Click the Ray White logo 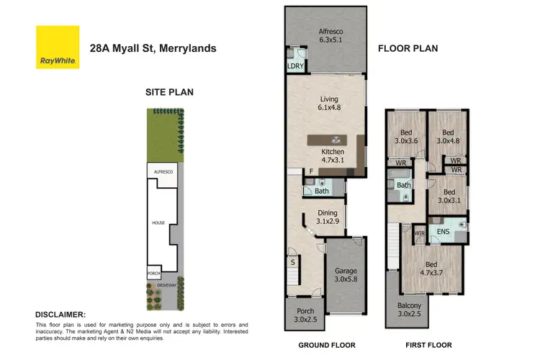[58, 48]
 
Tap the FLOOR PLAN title [408, 49]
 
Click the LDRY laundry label [295, 66]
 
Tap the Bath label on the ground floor [321, 191]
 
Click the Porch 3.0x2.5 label [303, 314]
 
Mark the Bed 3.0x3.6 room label [407, 137]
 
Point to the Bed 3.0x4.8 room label [448, 137]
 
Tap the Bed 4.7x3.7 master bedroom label [431, 269]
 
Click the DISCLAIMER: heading [60, 315]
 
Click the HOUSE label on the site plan [158, 223]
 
